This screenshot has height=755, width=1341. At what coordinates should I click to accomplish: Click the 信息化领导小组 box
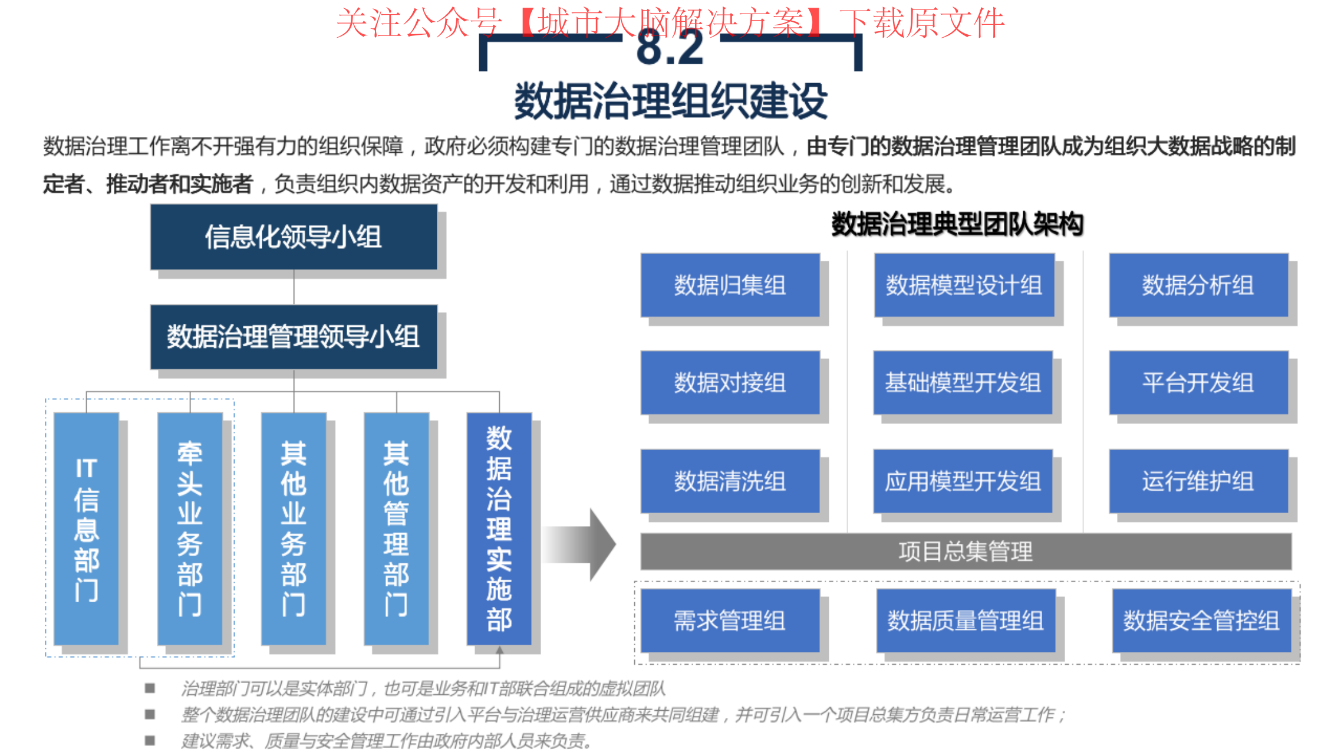tap(294, 237)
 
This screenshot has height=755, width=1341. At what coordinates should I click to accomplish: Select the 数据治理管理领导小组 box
tap(294, 337)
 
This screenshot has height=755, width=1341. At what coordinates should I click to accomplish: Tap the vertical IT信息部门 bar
tap(86, 529)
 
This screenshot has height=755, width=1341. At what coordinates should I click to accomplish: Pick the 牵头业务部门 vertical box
tap(190, 529)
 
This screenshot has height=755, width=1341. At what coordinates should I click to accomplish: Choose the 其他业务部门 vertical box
tap(294, 529)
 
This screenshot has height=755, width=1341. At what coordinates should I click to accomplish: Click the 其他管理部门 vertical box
tap(396, 529)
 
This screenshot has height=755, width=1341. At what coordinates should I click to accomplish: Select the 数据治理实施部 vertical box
tap(499, 529)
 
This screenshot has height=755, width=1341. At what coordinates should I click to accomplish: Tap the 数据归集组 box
tap(730, 285)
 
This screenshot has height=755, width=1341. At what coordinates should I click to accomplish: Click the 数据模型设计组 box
tap(964, 285)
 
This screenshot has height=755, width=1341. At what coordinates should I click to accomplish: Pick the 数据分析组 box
tap(1198, 285)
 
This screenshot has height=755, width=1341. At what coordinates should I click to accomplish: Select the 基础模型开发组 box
tap(963, 383)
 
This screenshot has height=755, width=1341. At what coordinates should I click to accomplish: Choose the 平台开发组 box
tap(1198, 383)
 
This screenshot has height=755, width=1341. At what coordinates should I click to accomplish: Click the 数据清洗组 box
tap(730, 481)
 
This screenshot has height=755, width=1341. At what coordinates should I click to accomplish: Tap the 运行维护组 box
tap(1198, 481)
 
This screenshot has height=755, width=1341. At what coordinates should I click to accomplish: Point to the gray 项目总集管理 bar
tap(966, 552)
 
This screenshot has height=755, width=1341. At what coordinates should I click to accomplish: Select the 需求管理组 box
tap(730, 621)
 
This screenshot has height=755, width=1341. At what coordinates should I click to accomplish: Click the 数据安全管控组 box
tap(1202, 621)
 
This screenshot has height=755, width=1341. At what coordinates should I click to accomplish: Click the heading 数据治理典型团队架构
tap(957, 224)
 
